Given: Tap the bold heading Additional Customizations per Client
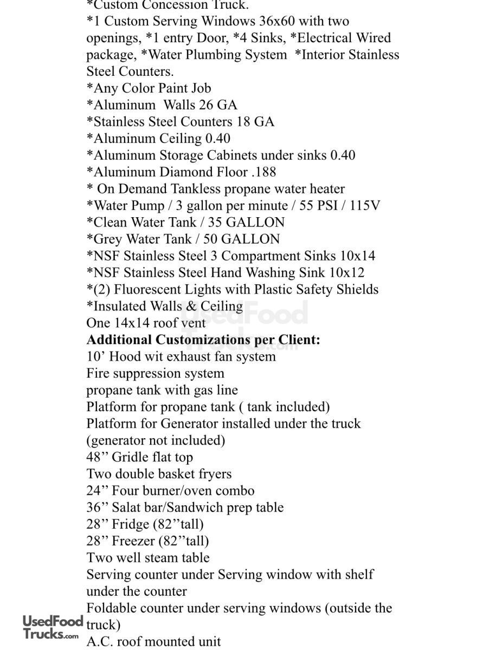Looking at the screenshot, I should (203, 340).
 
